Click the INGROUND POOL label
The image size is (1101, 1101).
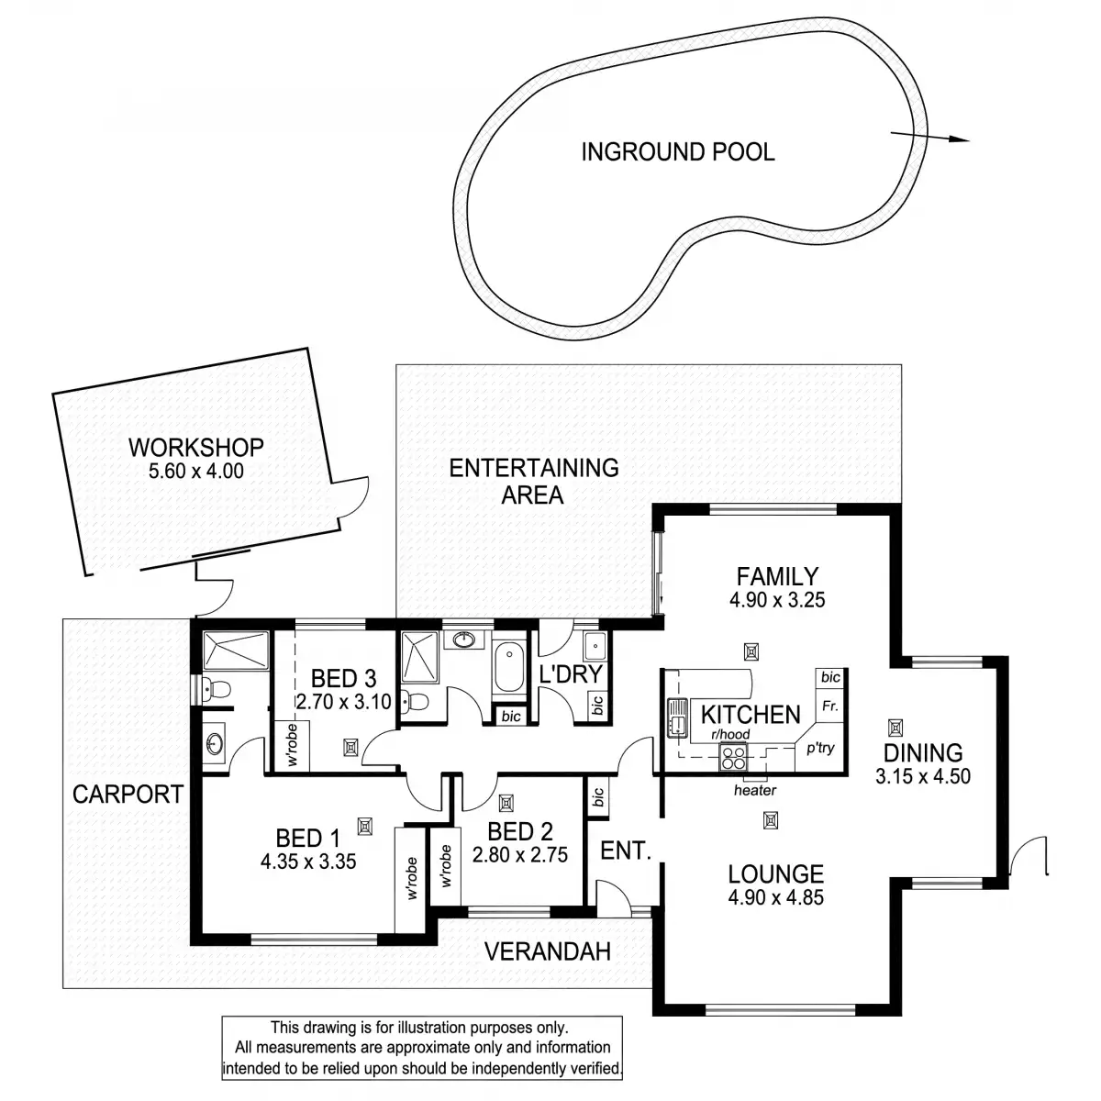tap(677, 151)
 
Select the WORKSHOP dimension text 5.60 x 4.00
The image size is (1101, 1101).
tap(195, 472)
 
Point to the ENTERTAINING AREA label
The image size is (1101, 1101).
tap(533, 481)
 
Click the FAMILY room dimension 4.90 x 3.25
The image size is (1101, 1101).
tap(776, 600)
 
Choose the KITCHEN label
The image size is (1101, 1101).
tap(751, 714)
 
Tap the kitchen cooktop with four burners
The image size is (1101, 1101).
tap(735, 757)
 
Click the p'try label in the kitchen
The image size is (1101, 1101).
tap(820, 749)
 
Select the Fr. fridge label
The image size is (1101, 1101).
tap(830, 707)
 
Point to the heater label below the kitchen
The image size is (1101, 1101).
tap(755, 790)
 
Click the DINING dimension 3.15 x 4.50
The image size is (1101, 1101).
tap(922, 776)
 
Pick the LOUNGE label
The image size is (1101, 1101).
tap(775, 874)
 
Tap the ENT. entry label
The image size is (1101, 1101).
tap(625, 851)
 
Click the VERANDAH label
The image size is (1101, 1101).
tap(547, 951)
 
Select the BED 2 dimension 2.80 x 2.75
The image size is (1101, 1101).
tap(520, 854)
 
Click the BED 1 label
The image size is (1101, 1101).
tap(307, 838)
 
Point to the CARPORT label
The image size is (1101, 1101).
tap(128, 794)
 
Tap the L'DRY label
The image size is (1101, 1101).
tap(570, 674)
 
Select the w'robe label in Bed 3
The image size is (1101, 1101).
tap(292, 745)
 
